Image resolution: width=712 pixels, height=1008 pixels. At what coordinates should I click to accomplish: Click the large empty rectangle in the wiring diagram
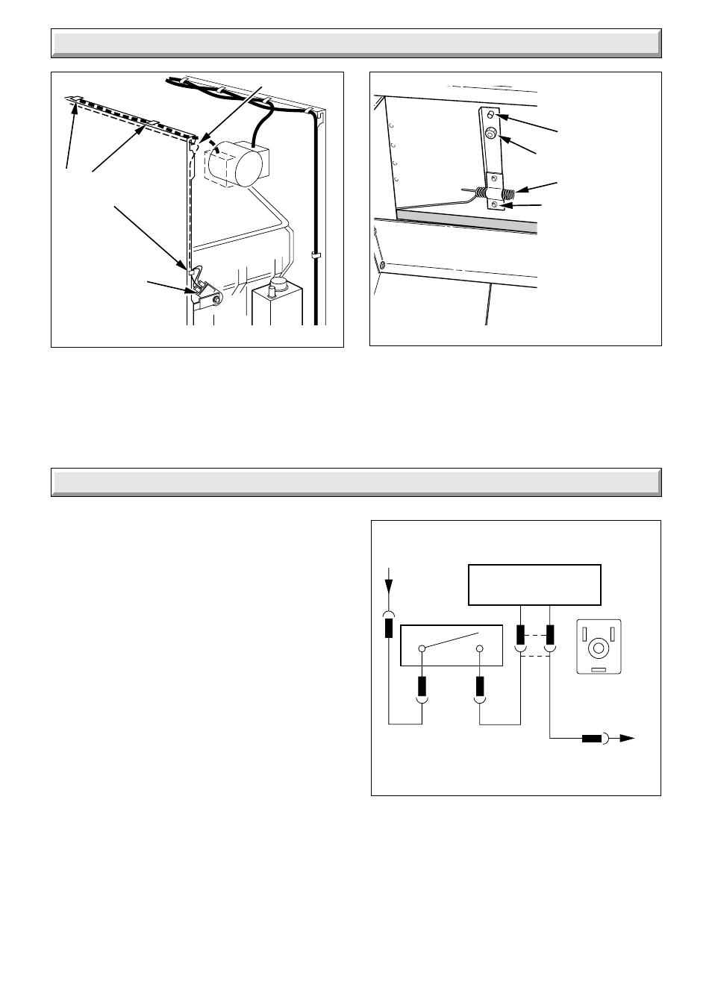click(x=534, y=584)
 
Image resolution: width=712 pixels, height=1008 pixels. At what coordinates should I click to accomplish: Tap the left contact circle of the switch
click(x=422, y=649)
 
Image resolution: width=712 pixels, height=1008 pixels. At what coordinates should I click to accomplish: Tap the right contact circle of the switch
click(x=480, y=649)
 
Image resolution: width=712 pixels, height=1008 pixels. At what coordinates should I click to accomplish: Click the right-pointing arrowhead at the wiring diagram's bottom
click(x=627, y=739)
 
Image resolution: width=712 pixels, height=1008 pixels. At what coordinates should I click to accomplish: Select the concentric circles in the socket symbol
click(x=598, y=648)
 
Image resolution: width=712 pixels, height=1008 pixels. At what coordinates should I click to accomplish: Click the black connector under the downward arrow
click(x=388, y=628)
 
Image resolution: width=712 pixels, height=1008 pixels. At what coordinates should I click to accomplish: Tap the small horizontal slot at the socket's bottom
click(x=598, y=670)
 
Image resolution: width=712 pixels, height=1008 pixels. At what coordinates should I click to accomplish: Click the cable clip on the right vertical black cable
click(x=316, y=256)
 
